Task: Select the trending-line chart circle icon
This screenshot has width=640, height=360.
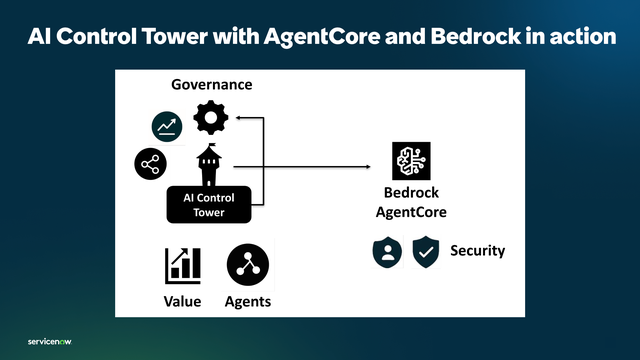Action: tap(166, 126)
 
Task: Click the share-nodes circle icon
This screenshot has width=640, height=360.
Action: tap(150, 163)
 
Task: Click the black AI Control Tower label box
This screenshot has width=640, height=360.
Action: tap(208, 204)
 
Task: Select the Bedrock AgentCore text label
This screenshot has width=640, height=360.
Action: tap(410, 202)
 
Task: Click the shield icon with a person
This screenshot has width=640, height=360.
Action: tap(386, 251)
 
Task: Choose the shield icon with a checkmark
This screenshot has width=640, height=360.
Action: tap(427, 251)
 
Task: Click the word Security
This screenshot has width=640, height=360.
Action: tap(477, 250)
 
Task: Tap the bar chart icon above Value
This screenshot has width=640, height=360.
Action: tap(183, 265)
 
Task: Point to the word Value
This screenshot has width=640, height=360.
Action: tap(182, 302)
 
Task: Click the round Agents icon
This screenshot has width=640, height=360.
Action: tap(247, 264)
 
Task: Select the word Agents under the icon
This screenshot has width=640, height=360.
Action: tap(247, 302)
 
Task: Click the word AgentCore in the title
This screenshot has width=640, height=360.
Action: tap(319, 37)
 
